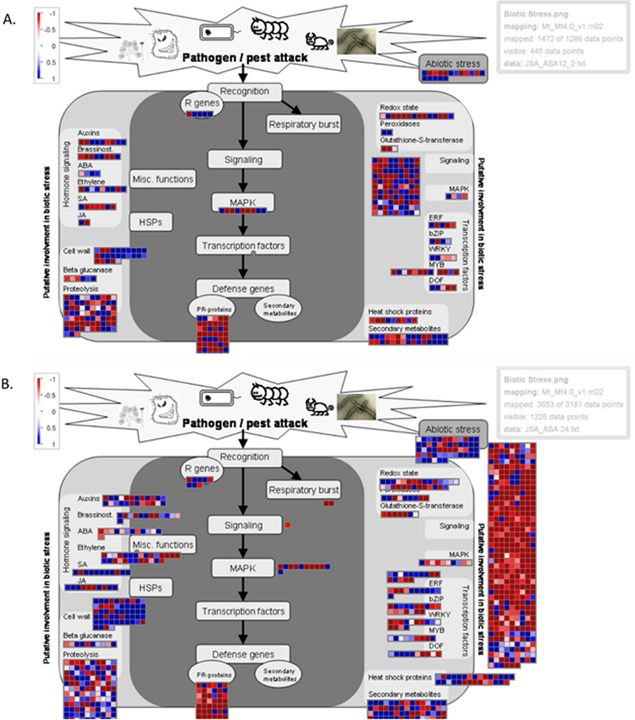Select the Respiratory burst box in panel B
304,490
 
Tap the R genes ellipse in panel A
202,103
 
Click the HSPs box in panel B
150,588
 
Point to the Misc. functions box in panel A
163,179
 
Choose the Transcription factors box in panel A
243,246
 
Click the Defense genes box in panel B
243,654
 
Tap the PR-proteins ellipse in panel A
212,309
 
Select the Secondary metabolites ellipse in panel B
279,675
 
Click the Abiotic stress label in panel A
452,64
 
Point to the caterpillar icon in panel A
269,29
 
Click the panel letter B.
7,384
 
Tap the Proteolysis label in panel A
80,289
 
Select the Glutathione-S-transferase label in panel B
421,506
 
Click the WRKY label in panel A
439,249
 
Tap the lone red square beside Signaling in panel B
288,525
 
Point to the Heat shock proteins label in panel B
400,677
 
